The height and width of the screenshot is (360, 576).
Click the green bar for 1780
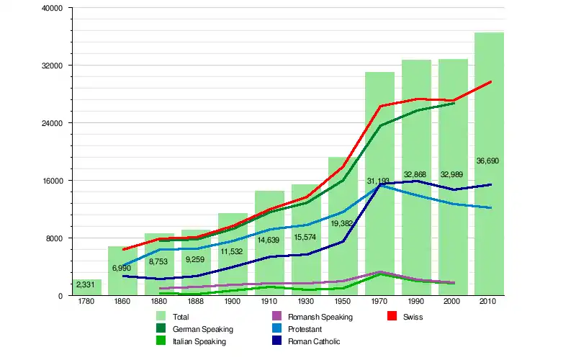(x=86, y=287)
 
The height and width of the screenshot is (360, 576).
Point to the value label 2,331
(x=86, y=286)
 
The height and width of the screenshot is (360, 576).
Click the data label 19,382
(x=343, y=224)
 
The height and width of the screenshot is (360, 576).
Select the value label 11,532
(x=233, y=251)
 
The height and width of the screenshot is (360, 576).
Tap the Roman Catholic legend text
(x=313, y=341)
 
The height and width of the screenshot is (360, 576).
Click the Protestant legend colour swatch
(x=276, y=329)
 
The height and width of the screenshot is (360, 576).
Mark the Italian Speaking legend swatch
(x=161, y=341)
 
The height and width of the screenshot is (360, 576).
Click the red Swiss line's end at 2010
(x=491, y=81)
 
